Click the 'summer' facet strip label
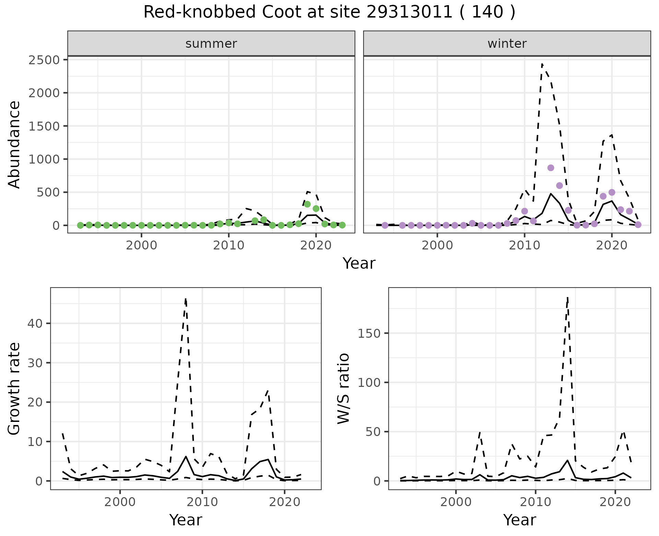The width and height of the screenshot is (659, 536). (211, 44)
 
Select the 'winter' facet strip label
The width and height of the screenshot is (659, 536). (507, 44)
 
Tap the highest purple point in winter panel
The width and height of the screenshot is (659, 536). (551, 168)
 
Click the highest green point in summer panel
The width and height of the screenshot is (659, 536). (307, 204)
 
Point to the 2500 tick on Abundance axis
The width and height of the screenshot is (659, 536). (45, 60)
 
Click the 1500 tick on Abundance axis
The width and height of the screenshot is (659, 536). (45, 126)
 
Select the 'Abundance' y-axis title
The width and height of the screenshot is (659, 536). (14, 144)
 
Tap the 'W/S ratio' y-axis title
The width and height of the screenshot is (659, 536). (343, 388)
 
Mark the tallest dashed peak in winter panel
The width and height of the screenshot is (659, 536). (542, 64)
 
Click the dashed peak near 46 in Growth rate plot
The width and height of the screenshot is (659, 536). (186, 299)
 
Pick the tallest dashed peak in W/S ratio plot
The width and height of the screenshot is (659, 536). (568, 297)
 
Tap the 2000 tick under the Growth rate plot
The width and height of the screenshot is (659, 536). (120, 502)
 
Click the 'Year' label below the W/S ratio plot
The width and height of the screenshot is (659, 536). (519, 520)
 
